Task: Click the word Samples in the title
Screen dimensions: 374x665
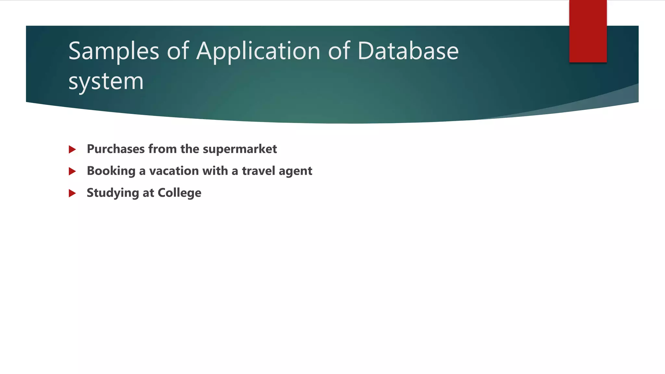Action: pos(114,51)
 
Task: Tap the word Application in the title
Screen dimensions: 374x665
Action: pos(258,51)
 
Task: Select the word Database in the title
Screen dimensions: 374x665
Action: pos(408,51)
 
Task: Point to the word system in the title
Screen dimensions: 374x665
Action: pos(106,81)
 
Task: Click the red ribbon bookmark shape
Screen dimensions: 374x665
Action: pos(588,31)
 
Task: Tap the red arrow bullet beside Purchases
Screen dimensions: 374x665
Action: pos(72,149)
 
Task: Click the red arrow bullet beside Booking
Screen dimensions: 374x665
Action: pos(72,171)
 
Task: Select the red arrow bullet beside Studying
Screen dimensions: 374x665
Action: pos(72,193)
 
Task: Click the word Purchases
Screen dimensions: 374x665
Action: pos(116,149)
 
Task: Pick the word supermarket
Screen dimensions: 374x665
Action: pos(240,149)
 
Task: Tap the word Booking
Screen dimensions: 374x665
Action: pos(111,171)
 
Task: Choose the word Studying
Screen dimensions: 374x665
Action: pos(113,193)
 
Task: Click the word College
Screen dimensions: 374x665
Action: pos(179,193)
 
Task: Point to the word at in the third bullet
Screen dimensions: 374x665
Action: pos(148,193)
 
